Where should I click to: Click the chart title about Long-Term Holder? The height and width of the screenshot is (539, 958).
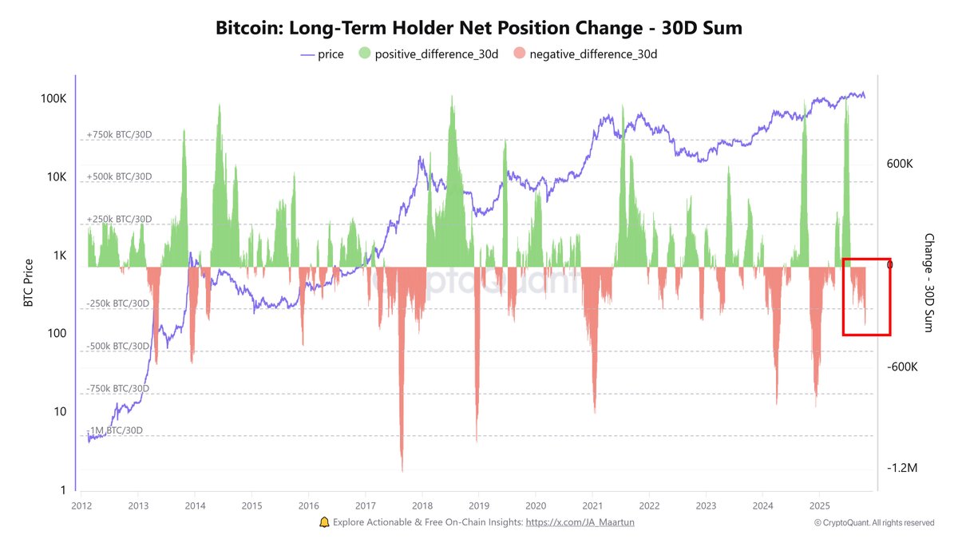coord(479,28)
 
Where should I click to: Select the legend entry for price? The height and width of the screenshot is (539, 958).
coord(322,54)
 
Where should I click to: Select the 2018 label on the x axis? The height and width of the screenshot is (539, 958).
coord(423,505)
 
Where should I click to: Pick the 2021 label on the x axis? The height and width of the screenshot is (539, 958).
coord(592,505)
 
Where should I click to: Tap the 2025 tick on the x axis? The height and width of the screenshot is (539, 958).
coord(819,505)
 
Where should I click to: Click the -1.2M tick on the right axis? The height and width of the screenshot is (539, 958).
coord(901,468)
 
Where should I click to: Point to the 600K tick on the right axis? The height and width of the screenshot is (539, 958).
coord(899,164)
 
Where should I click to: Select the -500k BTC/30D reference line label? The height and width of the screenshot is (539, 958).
coord(117,346)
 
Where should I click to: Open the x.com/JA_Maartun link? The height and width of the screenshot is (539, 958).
coord(579,521)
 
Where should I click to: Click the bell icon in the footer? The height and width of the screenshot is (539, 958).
coord(324,521)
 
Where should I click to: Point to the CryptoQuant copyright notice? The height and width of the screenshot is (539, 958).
coord(873,522)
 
